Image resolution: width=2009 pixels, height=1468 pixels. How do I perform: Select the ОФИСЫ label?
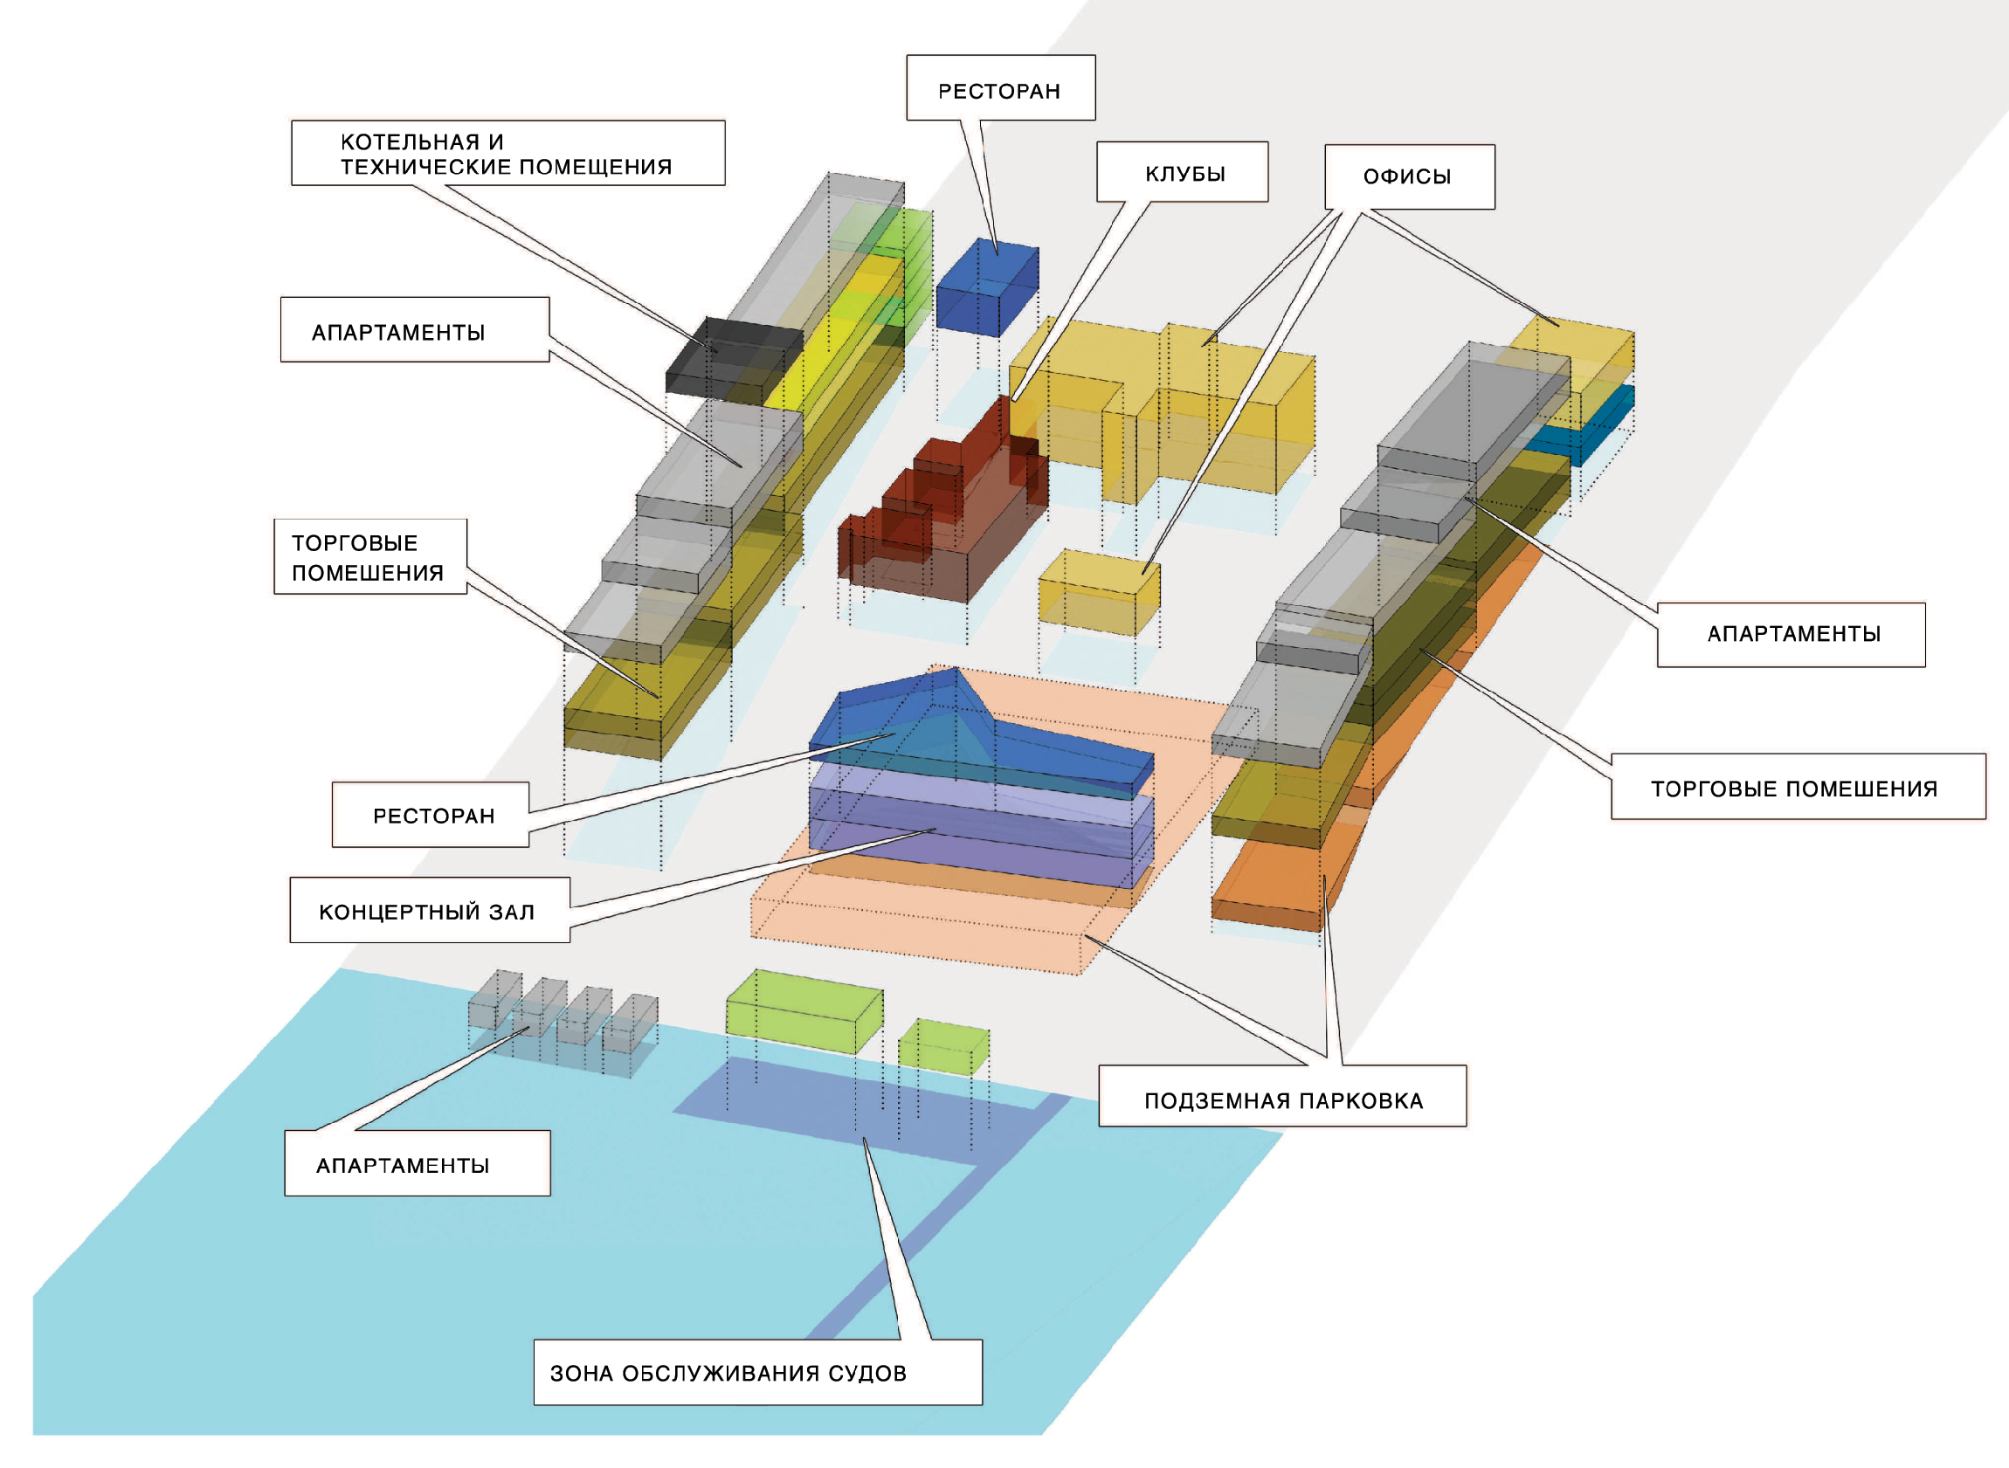pos(1408,176)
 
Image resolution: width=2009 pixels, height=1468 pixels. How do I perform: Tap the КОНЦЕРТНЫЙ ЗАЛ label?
pos(427,913)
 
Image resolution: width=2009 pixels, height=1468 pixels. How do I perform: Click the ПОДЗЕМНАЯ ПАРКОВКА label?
pos(1283,1102)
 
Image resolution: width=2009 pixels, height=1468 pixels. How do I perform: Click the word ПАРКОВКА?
pos(1369,1102)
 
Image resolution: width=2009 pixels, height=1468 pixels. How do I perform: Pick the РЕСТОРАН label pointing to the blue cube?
pos(999,91)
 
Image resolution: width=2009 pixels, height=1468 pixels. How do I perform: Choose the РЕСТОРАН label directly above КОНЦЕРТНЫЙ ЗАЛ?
pos(432,816)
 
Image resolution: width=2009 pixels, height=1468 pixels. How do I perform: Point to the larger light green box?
pos(804,1013)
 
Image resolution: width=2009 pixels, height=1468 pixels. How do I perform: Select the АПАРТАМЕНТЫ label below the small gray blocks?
pos(404,1166)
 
